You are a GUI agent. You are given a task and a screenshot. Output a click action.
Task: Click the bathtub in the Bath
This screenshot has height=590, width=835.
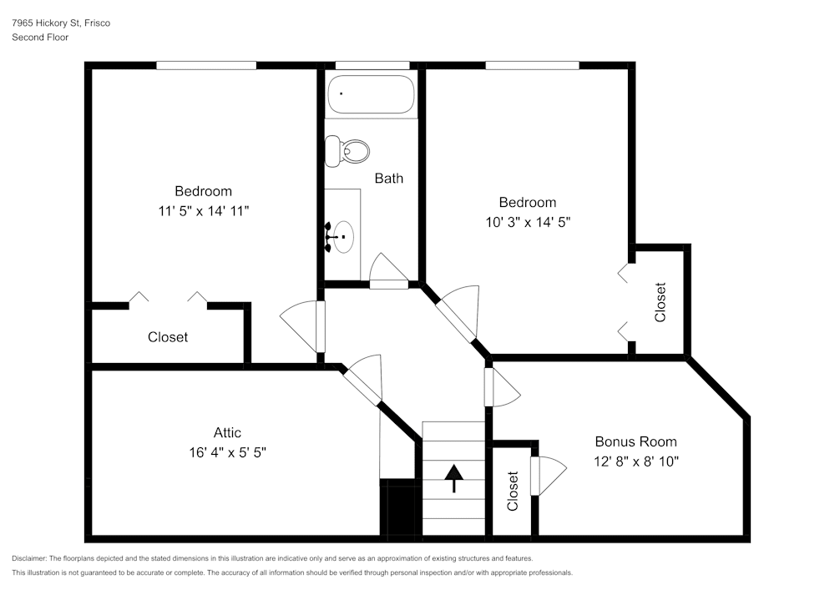coord(372,94)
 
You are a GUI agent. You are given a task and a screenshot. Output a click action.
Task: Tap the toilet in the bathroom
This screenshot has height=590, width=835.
coord(347,150)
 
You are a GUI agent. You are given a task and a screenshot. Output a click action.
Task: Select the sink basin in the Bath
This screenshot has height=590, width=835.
coord(344,237)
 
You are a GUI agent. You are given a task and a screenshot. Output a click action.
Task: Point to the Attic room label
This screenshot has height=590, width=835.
coord(227,432)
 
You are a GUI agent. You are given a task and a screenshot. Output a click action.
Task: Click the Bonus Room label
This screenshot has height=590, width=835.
coord(635,441)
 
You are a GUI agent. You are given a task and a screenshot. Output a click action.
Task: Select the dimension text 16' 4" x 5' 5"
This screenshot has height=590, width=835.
coord(227,452)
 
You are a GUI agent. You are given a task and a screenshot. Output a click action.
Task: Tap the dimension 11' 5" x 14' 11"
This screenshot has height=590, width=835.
coord(204,211)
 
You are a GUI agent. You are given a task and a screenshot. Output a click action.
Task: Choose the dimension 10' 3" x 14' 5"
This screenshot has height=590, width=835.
coord(528,222)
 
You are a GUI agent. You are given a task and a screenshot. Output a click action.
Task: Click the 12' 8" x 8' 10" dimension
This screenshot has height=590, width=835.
coord(635,461)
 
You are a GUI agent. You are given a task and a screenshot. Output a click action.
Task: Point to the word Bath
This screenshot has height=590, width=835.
coord(389,179)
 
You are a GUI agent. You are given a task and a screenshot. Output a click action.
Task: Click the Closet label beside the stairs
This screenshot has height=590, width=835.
coord(513,491)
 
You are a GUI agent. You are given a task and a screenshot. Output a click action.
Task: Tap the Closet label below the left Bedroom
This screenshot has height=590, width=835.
coord(168,337)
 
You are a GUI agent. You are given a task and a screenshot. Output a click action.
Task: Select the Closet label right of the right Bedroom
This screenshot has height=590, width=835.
coord(660,302)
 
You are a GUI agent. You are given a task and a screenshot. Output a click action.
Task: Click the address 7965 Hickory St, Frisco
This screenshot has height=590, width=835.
coord(61,23)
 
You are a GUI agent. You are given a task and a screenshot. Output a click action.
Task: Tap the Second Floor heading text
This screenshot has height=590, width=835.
coord(40,38)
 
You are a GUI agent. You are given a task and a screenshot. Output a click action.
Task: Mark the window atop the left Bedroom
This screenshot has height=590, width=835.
coord(206,65)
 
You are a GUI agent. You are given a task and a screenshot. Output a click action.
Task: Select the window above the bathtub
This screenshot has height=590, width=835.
coord(372,65)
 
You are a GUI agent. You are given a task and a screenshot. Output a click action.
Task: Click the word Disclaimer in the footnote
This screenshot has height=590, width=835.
coord(28,558)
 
